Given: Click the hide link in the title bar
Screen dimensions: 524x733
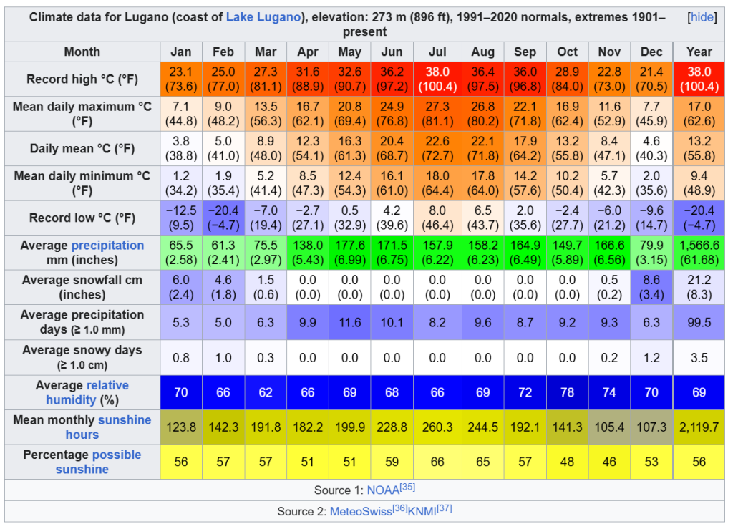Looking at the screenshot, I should tap(702, 17).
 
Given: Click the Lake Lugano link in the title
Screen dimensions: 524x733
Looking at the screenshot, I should tap(263, 17).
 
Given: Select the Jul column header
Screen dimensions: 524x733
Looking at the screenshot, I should tap(437, 52).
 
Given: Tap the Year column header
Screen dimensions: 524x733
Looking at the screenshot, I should tap(699, 52).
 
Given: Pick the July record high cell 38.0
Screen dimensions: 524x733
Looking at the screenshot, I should tap(437, 79).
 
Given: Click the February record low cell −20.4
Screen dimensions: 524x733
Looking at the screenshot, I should tap(223, 218).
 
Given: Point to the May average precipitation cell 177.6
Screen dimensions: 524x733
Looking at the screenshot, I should tap(349, 252).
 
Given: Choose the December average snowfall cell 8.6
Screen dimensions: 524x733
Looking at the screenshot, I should tap(652, 287).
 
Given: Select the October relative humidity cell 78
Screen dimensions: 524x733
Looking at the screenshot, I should tap(567, 392).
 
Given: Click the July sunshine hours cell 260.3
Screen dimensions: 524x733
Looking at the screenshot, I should tap(437, 427).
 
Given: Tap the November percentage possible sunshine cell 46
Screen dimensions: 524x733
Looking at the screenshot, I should tap(609, 462).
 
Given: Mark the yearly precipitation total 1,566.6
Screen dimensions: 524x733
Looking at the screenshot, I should tap(699, 252).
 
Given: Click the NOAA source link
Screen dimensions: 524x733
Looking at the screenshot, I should tap(383, 490).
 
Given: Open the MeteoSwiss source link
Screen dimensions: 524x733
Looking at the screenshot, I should tap(360, 512).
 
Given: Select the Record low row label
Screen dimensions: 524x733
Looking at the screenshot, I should tap(82, 218).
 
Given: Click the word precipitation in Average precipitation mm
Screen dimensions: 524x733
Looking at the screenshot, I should tap(107, 246).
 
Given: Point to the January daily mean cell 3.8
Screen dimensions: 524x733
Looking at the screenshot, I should tap(181, 148).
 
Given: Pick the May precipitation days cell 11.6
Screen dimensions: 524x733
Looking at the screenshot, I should tap(349, 322).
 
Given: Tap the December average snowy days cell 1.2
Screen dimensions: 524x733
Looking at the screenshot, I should tap(652, 357).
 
